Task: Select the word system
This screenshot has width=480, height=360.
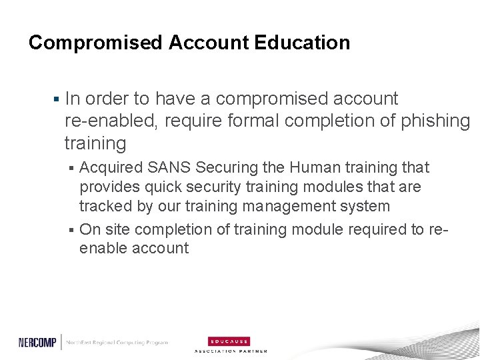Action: tap(367, 207)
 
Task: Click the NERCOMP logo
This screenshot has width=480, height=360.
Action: tap(38, 342)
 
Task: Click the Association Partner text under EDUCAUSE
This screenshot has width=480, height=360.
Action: tap(230, 351)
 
